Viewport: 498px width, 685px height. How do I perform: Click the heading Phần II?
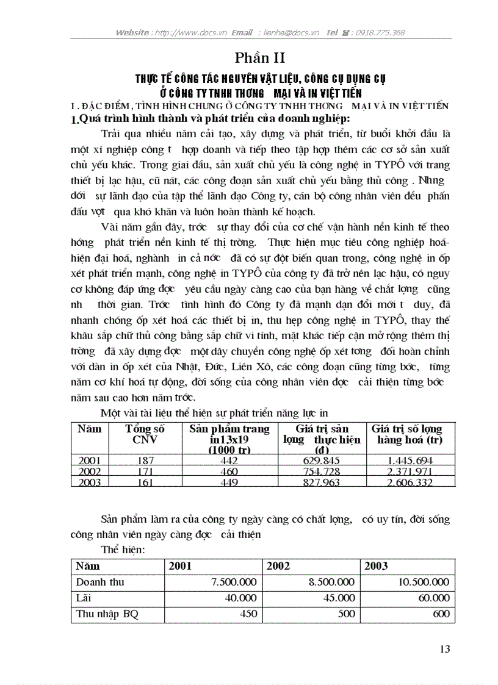[260, 58]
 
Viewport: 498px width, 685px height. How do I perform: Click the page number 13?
[444, 648]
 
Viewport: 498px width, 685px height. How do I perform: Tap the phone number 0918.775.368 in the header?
[378, 32]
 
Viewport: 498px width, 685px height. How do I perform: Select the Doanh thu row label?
[100, 582]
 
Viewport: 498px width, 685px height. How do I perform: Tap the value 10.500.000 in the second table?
[424, 582]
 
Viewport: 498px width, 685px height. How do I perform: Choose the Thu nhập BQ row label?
[107, 614]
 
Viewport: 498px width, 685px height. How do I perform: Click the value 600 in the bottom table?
[441, 614]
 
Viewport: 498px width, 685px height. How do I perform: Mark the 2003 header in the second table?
[376, 565]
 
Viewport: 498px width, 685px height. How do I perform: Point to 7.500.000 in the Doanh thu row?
[233, 582]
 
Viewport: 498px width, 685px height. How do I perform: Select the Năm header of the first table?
[90, 429]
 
